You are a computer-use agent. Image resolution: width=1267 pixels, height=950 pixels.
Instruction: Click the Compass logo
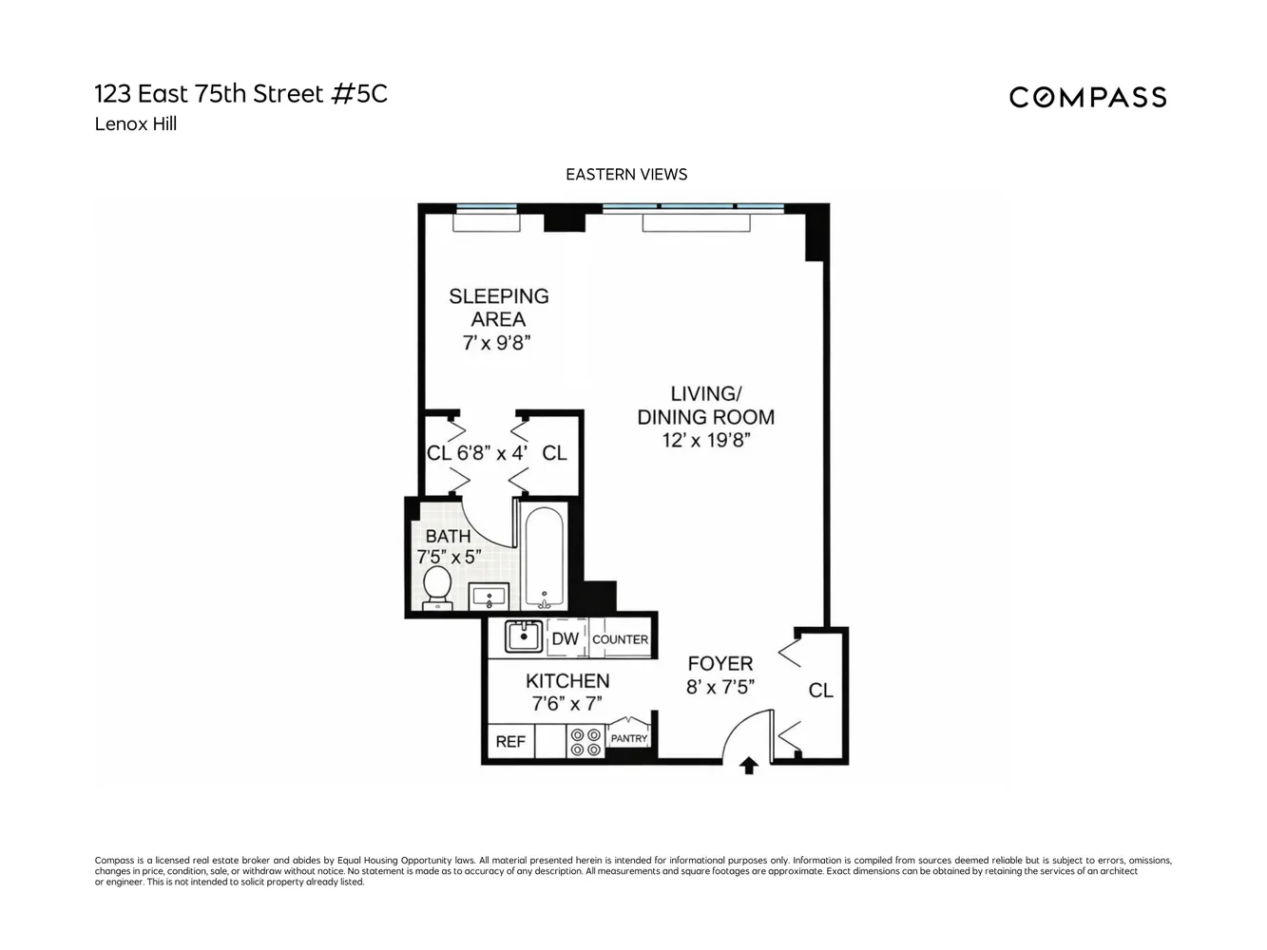click(1087, 97)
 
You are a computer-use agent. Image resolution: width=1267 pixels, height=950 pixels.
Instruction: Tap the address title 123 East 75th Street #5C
click(241, 94)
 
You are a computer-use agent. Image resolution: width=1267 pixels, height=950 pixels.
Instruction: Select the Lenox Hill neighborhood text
click(136, 123)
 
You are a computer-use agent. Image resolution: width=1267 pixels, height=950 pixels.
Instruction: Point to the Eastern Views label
click(626, 175)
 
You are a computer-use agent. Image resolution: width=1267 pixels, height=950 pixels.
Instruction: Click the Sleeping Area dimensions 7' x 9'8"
click(496, 343)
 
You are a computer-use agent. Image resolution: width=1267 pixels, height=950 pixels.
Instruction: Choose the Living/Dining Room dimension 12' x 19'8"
click(706, 440)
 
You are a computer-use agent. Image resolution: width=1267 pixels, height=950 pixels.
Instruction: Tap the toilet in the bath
click(437, 585)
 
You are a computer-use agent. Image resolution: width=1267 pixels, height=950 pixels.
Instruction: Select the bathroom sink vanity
click(490, 597)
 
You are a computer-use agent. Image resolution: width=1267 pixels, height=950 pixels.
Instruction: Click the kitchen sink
click(523, 636)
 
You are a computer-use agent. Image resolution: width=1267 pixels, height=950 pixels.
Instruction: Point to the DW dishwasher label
click(566, 639)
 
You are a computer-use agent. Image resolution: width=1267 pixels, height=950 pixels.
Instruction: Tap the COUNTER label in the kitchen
click(620, 639)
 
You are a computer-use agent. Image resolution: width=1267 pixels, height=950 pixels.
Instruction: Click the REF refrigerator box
click(510, 741)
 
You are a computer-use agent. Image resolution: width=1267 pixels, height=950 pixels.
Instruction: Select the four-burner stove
click(585, 741)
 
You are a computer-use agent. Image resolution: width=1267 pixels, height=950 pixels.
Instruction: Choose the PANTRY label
click(629, 738)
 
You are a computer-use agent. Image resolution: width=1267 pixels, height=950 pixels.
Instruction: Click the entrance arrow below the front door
click(749, 766)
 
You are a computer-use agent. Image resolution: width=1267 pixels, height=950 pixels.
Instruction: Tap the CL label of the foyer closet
click(820, 691)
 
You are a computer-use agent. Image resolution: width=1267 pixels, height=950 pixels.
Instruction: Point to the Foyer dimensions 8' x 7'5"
click(720, 686)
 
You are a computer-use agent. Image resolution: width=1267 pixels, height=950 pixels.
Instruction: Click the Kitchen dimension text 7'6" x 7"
click(566, 704)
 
